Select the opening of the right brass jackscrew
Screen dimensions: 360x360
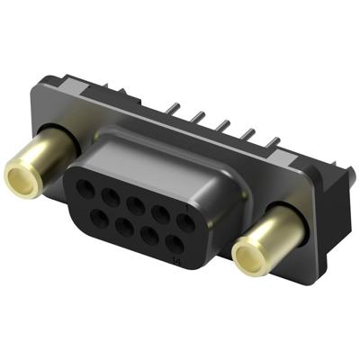coord(249,259)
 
